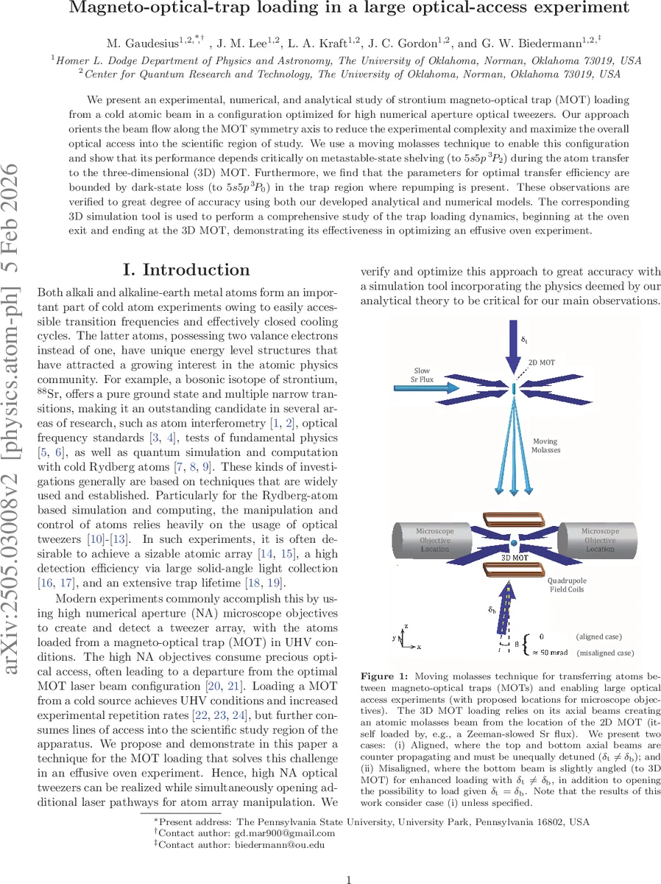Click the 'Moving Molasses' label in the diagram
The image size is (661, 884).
(x=547, y=446)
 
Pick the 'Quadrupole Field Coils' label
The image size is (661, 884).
(x=567, y=584)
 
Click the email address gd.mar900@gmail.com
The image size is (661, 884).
(x=284, y=833)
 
